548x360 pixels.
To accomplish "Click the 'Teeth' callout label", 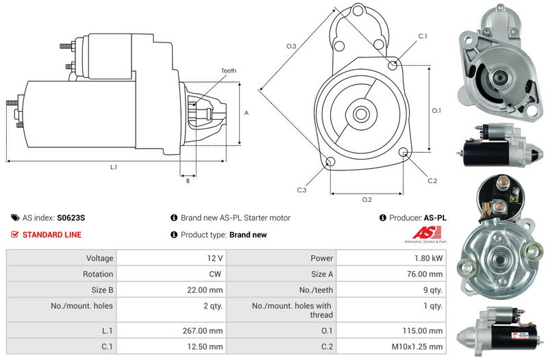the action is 229,70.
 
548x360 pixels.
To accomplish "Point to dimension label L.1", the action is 114,167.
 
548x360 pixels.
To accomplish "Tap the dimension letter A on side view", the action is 247,113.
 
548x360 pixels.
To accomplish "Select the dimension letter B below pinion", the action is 188,181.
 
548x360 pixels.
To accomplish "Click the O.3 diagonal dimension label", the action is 291,46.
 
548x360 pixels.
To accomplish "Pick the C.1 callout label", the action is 423,36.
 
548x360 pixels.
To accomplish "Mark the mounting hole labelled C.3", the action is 330,162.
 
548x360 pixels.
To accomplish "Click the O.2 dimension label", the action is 366,200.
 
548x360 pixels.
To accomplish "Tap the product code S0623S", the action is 71,218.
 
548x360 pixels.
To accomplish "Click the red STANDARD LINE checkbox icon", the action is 14,234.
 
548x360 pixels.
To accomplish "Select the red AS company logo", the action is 426,233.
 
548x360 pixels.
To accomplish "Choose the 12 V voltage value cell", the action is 214,258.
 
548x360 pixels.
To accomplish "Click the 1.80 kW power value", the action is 429,258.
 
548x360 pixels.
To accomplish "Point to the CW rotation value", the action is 215,274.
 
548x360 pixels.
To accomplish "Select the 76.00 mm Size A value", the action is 425,274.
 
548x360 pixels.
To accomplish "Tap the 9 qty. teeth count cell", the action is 433,290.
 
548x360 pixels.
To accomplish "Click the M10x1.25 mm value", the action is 417,346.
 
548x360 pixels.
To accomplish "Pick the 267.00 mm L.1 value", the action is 203,331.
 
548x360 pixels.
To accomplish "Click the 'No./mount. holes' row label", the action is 82,306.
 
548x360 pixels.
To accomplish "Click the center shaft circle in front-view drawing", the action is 360,114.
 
